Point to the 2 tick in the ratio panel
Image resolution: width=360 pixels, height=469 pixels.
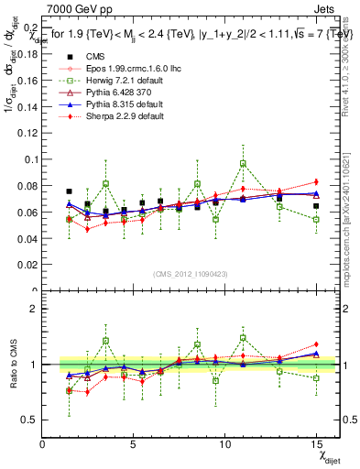click(34, 309)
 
